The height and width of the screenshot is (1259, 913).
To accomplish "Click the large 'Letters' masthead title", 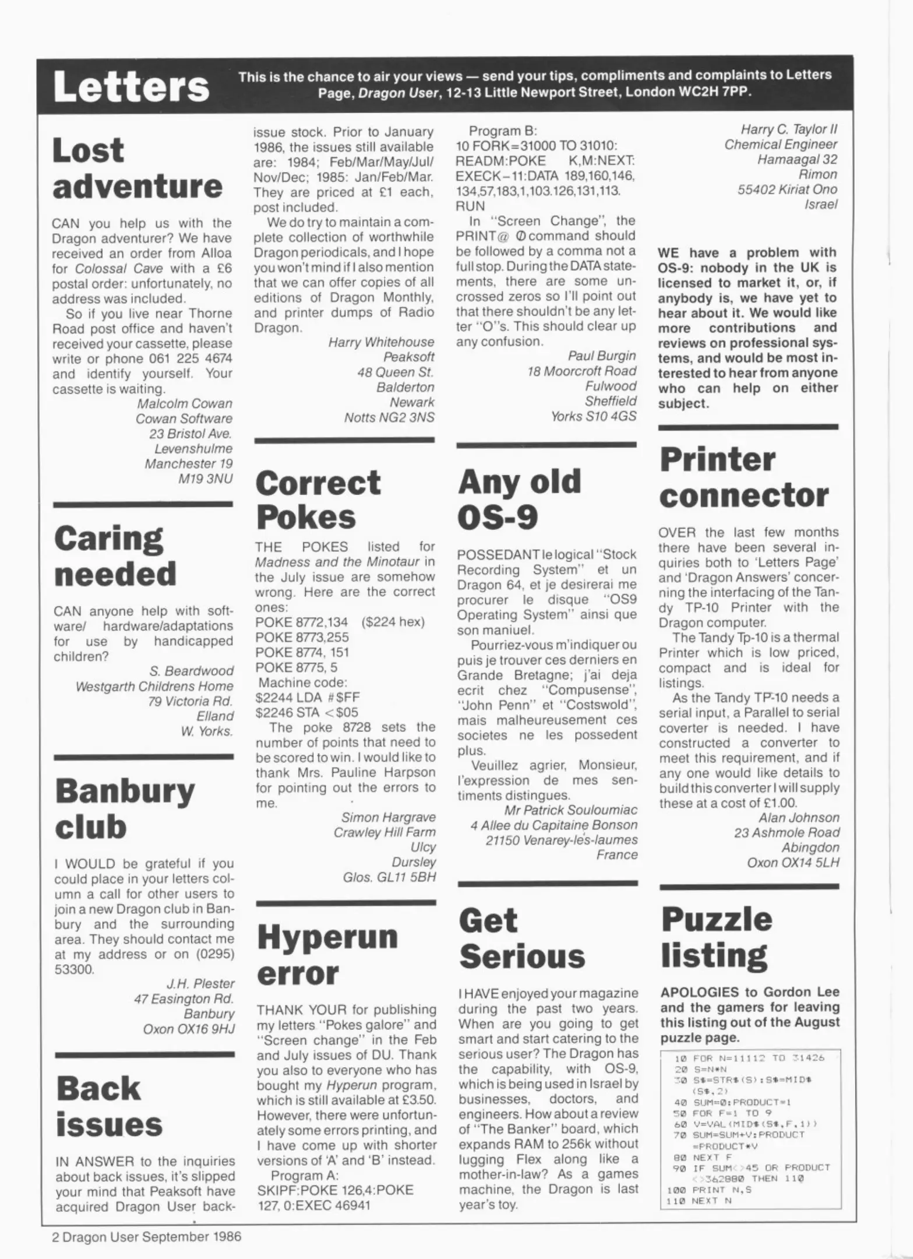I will tap(131, 87).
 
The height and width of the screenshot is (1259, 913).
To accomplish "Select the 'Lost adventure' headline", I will tap(137, 168).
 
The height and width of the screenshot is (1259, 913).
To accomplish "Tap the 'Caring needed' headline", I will tap(115, 556).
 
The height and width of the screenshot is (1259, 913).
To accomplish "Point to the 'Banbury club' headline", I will tap(125, 808).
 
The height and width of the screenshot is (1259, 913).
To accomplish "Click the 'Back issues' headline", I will tap(109, 1106).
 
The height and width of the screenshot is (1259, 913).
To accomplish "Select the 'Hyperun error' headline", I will tap(327, 955).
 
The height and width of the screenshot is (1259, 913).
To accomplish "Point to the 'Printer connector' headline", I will tap(743, 477).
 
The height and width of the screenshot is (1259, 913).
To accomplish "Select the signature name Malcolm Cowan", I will tap(184, 403).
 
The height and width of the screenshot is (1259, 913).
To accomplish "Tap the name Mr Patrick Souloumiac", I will tap(571, 810).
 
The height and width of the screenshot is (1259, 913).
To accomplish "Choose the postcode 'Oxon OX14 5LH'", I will tap(793, 863).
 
